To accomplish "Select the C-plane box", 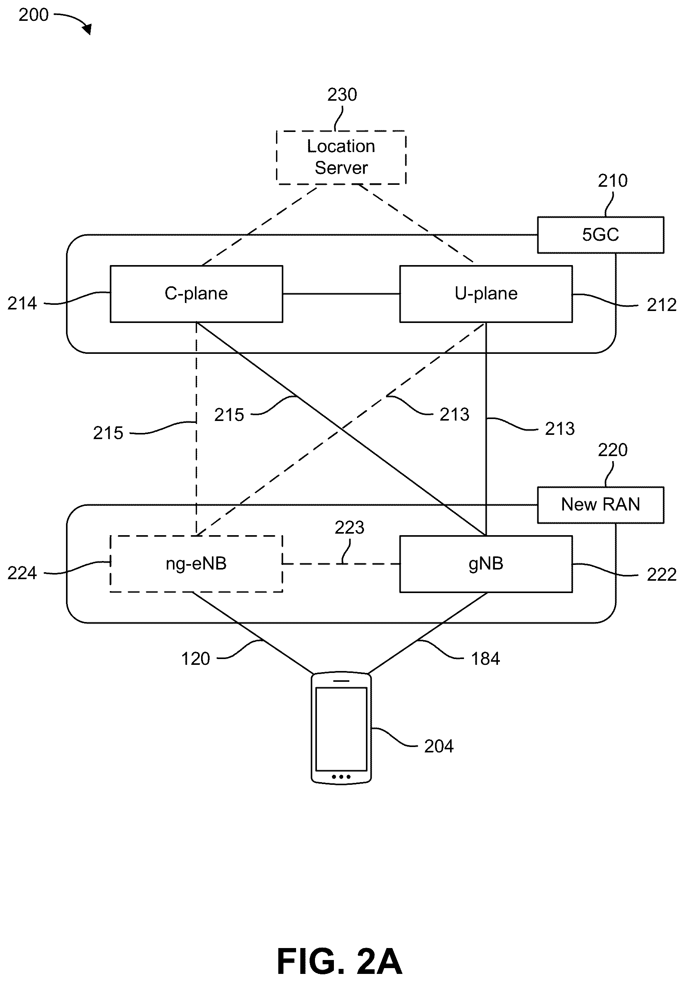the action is tap(196, 294).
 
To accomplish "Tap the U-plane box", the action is tap(486, 294).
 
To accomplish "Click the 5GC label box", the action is tap(601, 235).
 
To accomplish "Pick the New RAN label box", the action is tap(601, 505).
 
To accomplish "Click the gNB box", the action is tap(486, 564).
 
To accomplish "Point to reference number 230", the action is tap(342, 95).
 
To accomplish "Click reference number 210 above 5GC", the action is tap(613, 181).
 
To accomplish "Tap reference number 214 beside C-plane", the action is tap(22, 304).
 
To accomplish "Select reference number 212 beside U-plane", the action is tap(661, 305).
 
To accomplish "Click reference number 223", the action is tap(349, 528).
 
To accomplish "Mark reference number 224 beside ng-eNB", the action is tap(22, 573).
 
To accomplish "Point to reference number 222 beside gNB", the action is tap(661, 575).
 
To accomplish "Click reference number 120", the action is tap(195, 659).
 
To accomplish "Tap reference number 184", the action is tap(486, 659).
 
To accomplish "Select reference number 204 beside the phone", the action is tap(439, 746).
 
